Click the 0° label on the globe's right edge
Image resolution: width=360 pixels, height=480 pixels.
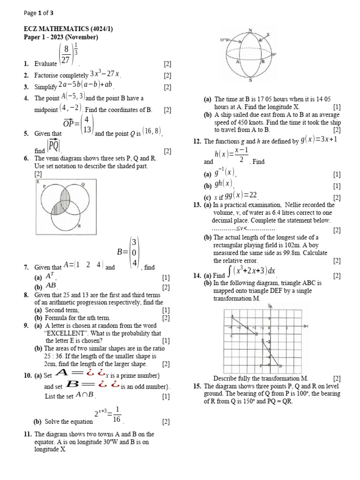[275, 54]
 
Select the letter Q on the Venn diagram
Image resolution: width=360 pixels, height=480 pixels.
[82, 184]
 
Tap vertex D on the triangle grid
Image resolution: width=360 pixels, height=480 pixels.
[280, 366]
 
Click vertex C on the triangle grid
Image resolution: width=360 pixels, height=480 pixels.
[232, 336]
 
